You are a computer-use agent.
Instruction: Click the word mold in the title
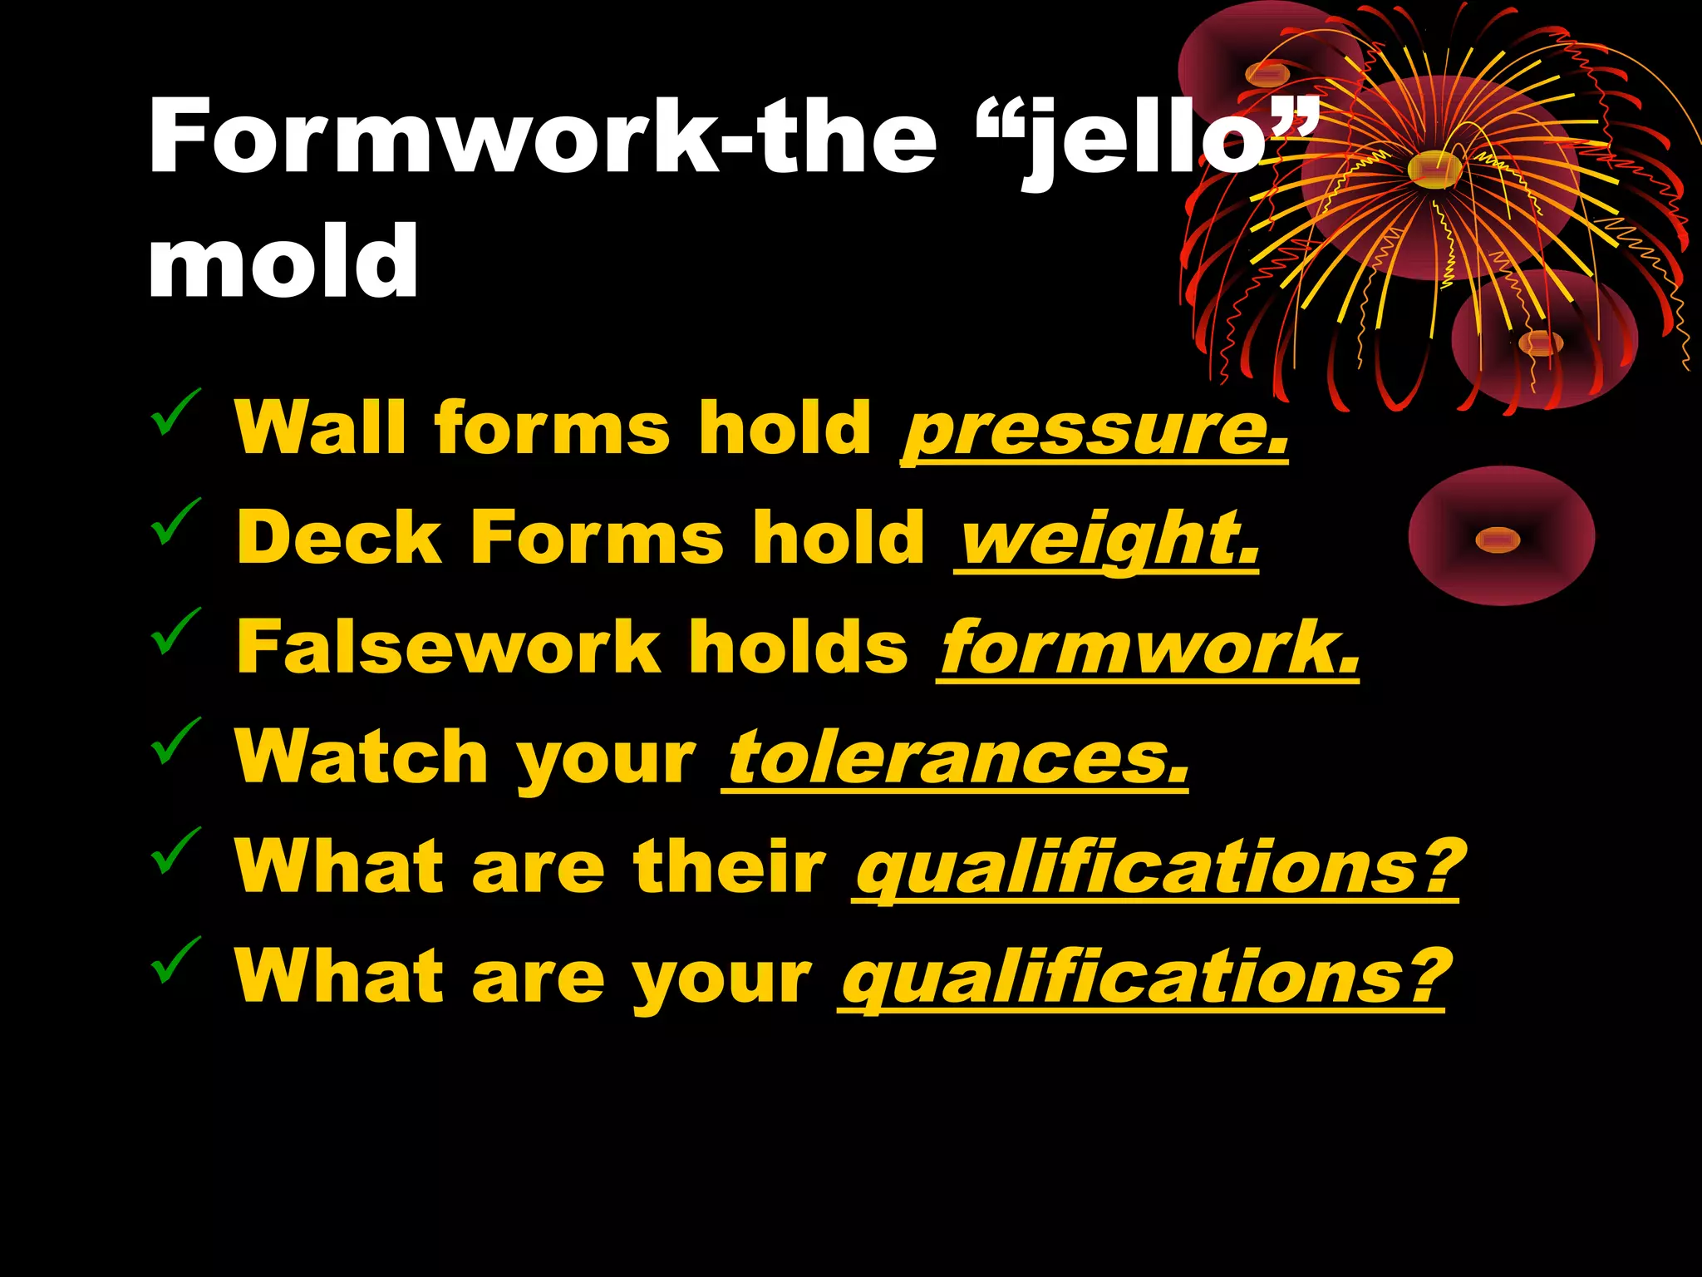click(283, 261)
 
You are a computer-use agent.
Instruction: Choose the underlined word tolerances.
click(956, 757)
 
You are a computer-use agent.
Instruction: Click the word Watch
click(362, 757)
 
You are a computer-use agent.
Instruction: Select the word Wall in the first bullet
click(320, 428)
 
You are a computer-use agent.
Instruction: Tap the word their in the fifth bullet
click(730, 866)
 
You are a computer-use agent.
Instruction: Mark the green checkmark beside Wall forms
click(175, 412)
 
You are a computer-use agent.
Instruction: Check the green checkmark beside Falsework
click(175, 632)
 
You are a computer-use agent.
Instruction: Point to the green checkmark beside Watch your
click(175, 741)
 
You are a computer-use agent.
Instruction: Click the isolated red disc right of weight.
click(1501, 537)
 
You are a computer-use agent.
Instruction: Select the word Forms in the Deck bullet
click(597, 538)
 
